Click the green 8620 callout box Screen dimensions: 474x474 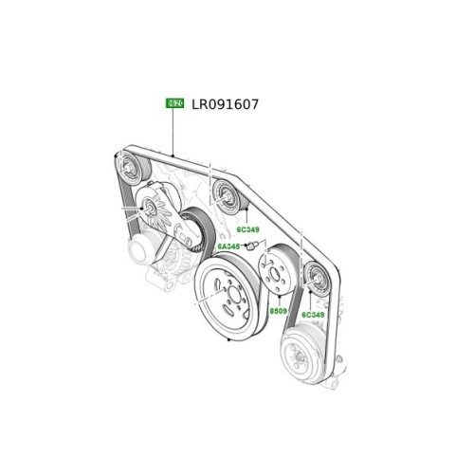click(174, 104)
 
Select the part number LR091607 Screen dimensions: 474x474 click(226, 104)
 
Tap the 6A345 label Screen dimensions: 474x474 click(228, 246)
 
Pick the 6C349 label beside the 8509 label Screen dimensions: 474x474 click(314, 314)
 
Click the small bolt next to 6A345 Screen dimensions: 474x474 click(254, 246)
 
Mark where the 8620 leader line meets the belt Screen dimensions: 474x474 click(174, 155)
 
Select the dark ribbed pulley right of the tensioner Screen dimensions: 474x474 click(196, 229)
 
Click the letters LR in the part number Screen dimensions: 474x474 click(202, 104)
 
